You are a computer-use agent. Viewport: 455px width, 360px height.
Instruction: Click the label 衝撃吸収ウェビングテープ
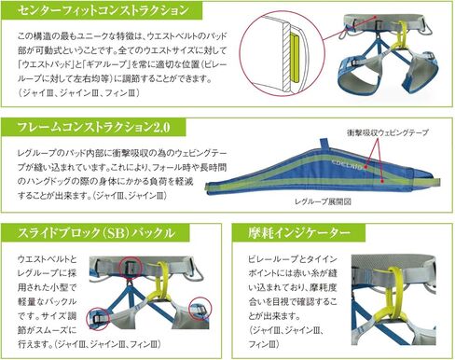[386, 132]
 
